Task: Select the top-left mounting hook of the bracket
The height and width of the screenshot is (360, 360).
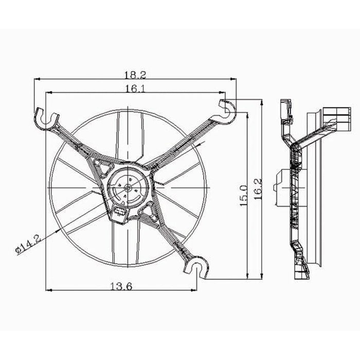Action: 45,116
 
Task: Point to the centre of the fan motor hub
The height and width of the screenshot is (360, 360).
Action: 127,188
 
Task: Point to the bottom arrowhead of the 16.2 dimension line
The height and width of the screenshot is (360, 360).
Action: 262,277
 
